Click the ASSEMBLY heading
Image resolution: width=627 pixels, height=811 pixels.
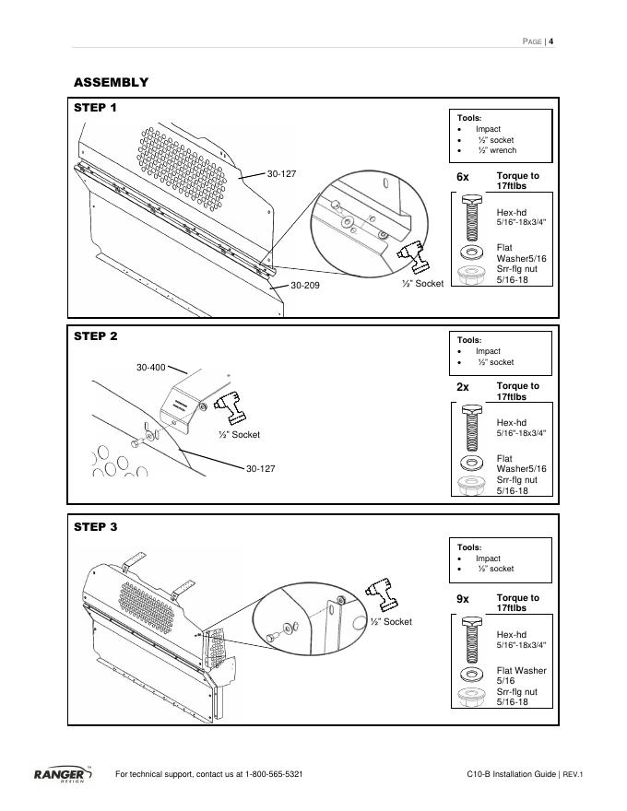[x=111, y=83]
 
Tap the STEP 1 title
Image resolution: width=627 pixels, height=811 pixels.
[x=96, y=108]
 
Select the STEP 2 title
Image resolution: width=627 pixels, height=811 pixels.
[x=96, y=336]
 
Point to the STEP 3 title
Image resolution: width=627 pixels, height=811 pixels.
[x=96, y=527]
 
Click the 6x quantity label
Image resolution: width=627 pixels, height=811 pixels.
[x=463, y=176]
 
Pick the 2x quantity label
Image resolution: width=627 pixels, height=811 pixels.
[x=463, y=388]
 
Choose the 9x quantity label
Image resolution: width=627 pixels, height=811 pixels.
[x=463, y=599]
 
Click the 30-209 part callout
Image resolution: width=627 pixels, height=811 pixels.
[x=305, y=286]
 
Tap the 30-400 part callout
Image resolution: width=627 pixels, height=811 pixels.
[x=151, y=368]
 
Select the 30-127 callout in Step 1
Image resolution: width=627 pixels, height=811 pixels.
[x=281, y=173]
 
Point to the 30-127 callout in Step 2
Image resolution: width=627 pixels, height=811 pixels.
[x=261, y=469]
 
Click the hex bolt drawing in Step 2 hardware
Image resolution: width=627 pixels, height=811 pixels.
[x=470, y=428]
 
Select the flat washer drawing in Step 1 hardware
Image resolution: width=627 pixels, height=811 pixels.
[x=470, y=251]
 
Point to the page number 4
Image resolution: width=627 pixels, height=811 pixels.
[x=550, y=41]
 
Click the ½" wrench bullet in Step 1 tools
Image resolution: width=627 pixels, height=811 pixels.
[x=496, y=150]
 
